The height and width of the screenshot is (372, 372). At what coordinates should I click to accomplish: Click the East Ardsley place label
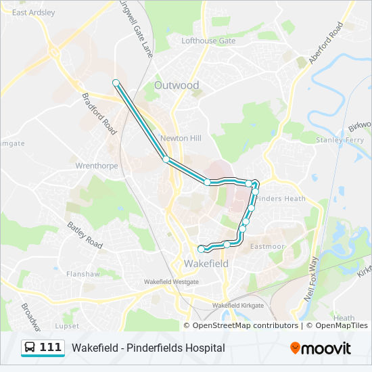pyautogui.click(x=33, y=12)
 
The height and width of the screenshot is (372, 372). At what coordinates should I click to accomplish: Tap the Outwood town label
pyautogui.click(x=177, y=85)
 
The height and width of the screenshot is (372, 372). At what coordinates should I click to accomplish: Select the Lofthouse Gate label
pyautogui.click(x=208, y=41)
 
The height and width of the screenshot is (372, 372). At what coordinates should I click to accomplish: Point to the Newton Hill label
pyautogui.click(x=181, y=138)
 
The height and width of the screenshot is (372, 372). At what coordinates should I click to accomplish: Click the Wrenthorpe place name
pyautogui.click(x=97, y=165)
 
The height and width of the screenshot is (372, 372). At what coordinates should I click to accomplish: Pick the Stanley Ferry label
pyautogui.click(x=340, y=140)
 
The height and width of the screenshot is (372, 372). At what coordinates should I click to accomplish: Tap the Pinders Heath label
pyautogui.click(x=281, y=199)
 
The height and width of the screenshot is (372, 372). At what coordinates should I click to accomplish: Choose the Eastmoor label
pyautogui.click(x=267, y=246)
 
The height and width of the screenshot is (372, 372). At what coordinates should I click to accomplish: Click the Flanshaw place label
pyautogui.click(x=83, y=274)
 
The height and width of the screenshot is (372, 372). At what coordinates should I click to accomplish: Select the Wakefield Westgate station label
pyautogui.click(x=172, y=281)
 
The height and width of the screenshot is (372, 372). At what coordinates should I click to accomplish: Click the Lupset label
pyautogui.click(x=67, y=325)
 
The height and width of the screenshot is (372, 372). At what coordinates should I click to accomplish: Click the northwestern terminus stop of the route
pyautogui.click(x=116, y=83)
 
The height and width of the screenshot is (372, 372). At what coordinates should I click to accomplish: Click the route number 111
pyautogui.click(x=51, y=348)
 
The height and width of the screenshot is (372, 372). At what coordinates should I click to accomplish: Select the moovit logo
pyautogui.click(x=321, y=348)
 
